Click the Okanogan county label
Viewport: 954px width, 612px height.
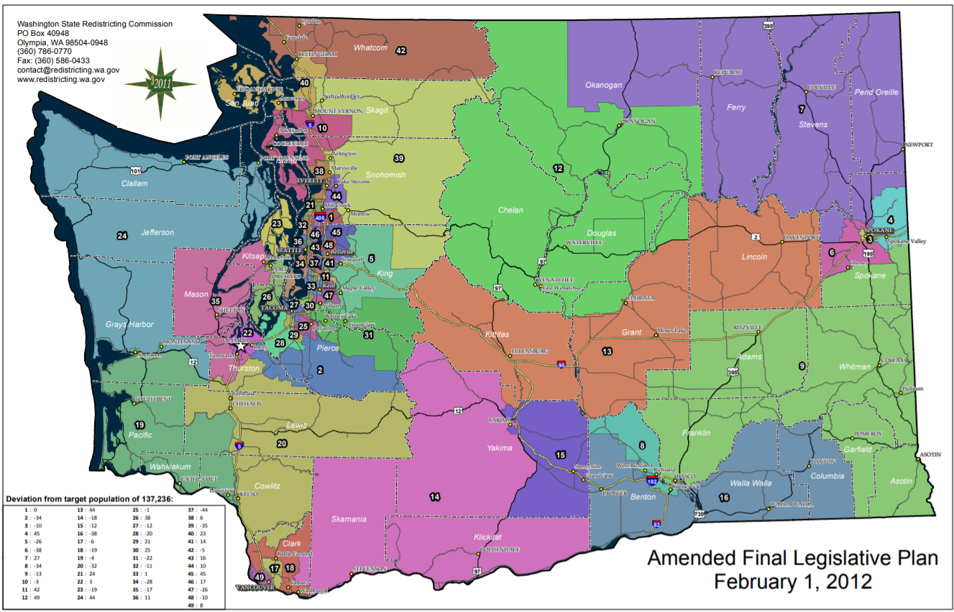click(x=603, y=85)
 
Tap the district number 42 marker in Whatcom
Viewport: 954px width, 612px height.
click(x=401, y=50)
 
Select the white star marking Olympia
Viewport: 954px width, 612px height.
click(x=240, y=346)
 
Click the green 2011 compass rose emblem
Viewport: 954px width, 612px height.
click(x=160, y=83)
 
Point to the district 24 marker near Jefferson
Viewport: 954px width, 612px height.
click(x=122, y=235)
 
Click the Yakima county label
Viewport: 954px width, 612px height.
click(x=500, y=448)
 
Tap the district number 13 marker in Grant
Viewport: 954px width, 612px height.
click(x=607, y=351)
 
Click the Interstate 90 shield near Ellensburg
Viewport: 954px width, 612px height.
click(x=561, y=366)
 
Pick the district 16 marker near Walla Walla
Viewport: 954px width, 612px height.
click(x=724, y=497)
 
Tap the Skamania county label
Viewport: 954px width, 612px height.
click(x=349, y=519)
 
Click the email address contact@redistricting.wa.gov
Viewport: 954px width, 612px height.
click(x=68, y=70)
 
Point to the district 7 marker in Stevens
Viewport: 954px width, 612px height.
click(x=801, y=109)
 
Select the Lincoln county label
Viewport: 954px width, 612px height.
click(x=754, y=256)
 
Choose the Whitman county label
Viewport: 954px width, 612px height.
click(x=854, y=367)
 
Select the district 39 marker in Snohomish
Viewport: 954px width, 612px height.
click(x=398, y=158)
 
